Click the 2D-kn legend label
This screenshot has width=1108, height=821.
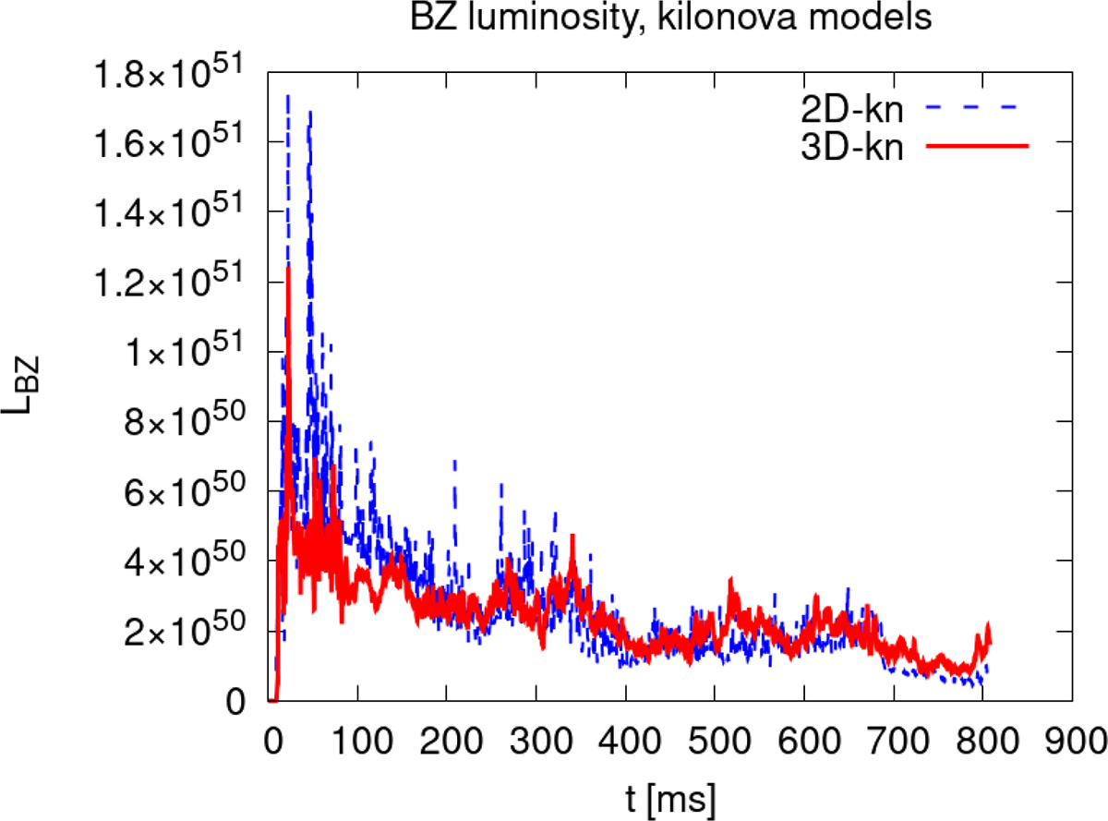tap(850, 108)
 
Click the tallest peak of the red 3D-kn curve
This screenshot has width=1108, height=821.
tap(289, 269)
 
